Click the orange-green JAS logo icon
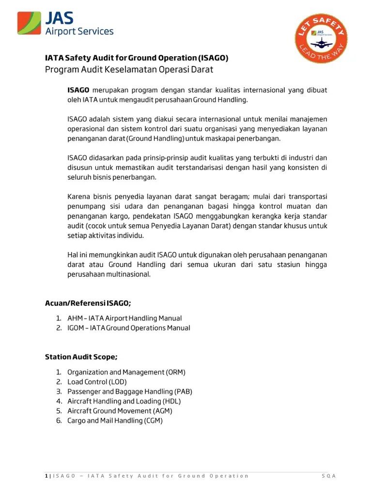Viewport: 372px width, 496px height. pos(29,23)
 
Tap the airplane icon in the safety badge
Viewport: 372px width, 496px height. pos(320,44)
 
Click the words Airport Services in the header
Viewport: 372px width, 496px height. pos(79,31)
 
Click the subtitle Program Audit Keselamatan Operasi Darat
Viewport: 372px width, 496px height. pos(129,70)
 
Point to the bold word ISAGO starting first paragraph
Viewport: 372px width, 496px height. pos(78,90)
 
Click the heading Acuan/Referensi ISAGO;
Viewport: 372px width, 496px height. pos(88,303)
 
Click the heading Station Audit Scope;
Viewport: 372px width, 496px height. pos(81,357)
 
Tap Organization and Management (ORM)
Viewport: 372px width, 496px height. pos(126,372)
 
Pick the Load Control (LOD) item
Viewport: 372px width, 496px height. pos(97,382)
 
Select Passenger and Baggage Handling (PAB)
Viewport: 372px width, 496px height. pos(130,391)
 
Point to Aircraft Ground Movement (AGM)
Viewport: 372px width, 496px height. pos(120,411)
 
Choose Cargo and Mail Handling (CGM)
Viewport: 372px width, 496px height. pos(115,420)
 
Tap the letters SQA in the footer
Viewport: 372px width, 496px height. pos(329,476)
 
